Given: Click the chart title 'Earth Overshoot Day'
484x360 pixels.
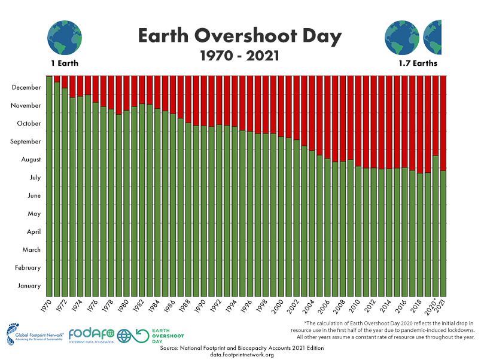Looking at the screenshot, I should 240,36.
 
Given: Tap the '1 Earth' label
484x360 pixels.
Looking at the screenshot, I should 65,63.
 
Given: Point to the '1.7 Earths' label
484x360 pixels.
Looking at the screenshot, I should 418,63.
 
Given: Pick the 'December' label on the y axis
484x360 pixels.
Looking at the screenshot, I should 26,87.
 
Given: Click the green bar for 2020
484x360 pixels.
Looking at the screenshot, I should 436,227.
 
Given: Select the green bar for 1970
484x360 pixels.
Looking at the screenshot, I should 49,185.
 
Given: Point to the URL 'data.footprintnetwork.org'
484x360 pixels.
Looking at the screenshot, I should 242,355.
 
